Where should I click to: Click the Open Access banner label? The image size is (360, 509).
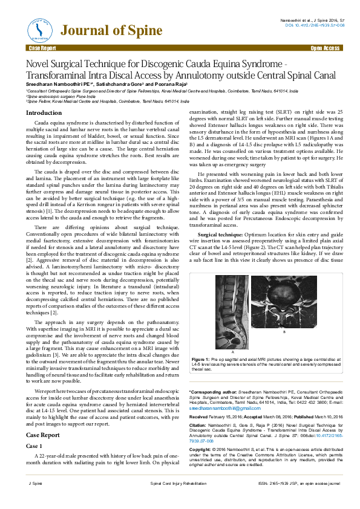[x=324, y=47]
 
